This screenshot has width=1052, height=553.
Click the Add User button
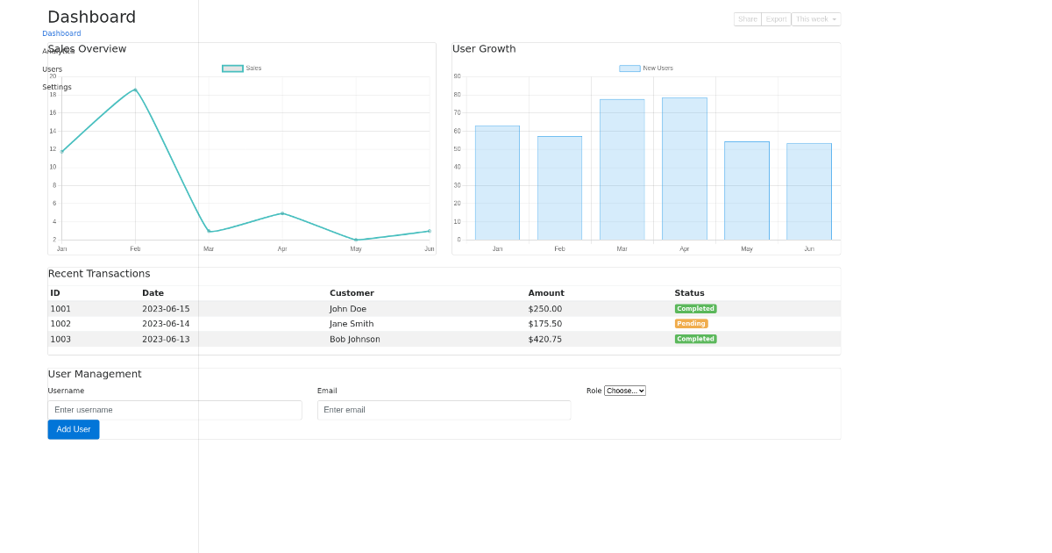click(74, 429)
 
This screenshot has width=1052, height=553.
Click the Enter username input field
click(174, 410)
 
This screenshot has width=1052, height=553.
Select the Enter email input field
click(444, 410)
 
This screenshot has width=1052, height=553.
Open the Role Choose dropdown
click(625, 391)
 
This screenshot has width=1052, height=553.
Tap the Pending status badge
click(691, 324)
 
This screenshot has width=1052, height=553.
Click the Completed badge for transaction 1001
click(695, 309)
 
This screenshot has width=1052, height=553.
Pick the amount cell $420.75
click(544, 340)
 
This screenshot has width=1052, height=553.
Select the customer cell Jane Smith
click(352, 324)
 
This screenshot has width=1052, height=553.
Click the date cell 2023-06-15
click(166, 309)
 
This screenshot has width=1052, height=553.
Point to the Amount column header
click(546, 293)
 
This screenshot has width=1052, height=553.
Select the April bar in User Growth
click(685, 169)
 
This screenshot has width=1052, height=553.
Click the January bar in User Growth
click(497, 183)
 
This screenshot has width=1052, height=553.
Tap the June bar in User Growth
click(809, 191)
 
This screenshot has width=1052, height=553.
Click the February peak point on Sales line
click(135, 90)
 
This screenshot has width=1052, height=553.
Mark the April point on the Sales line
click(282, 213)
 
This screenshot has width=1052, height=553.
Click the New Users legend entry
click(646, 68)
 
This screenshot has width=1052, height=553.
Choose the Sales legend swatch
click(232, 68)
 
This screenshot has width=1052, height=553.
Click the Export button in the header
click(776, 19)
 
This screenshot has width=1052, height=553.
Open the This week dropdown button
click(816, 19)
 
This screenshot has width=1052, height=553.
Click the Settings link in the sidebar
click(57, 87)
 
